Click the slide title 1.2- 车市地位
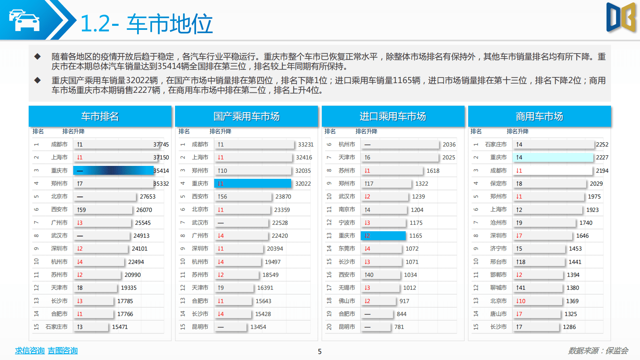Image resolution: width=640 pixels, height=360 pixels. [146, 24]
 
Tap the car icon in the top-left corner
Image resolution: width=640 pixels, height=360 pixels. [25, 20]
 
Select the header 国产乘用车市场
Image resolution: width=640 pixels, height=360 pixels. [246, 117]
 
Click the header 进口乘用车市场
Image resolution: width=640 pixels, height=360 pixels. [393, 117]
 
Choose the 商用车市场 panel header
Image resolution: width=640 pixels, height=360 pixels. [539, 117]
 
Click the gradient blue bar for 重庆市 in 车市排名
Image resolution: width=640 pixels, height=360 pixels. [113, 171]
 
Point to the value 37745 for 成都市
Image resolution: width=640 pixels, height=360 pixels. [161, 144]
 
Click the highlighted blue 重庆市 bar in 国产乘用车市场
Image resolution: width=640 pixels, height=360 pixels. [252, 184]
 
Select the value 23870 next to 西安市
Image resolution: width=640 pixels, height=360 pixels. [283, 197]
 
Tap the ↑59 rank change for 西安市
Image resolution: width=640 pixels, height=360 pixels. [81, 210]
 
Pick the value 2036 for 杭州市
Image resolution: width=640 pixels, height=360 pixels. [449, 144]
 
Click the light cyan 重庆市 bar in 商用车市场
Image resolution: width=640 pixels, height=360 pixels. [552, 157]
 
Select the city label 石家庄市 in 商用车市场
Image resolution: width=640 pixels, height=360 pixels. [496, 144]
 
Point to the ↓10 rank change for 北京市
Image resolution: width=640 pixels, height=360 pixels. [521, 301]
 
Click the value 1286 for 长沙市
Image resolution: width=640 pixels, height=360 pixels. [569, 327]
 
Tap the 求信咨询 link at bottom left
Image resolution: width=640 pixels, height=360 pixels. [29, 351]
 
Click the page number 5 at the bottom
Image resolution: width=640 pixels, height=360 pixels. [320, 352]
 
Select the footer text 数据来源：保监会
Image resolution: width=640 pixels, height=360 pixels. [598, 351]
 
